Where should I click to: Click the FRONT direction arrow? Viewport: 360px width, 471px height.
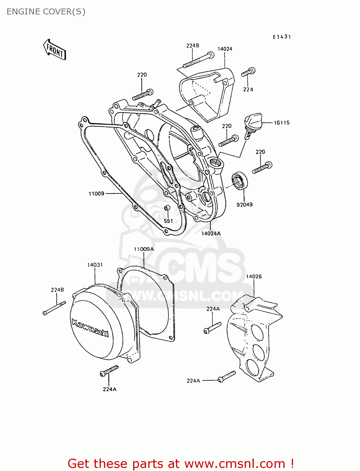pos(55,50)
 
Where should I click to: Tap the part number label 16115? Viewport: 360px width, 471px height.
pos(281,123)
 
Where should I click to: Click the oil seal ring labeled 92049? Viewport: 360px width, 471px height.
pos(240,181)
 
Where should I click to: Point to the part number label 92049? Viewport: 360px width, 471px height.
pos(244,205)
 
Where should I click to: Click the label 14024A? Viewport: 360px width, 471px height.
pos(211,234)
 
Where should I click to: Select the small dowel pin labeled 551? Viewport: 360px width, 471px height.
pos(167,208)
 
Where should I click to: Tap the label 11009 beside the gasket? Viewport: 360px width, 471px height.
pos(96,194)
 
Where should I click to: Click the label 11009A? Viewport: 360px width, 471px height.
pos(144,249)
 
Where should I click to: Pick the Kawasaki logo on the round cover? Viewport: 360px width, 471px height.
pos(90,328)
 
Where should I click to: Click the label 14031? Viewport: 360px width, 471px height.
pos(95,265)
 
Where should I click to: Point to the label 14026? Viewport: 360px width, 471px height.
pos(254,277)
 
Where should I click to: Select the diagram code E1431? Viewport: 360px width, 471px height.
pos(282,37)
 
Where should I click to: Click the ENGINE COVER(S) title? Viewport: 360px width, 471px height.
pos(46,12)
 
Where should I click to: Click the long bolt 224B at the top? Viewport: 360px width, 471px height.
pos(199,61)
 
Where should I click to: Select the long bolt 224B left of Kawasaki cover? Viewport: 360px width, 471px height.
pos(54,308)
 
